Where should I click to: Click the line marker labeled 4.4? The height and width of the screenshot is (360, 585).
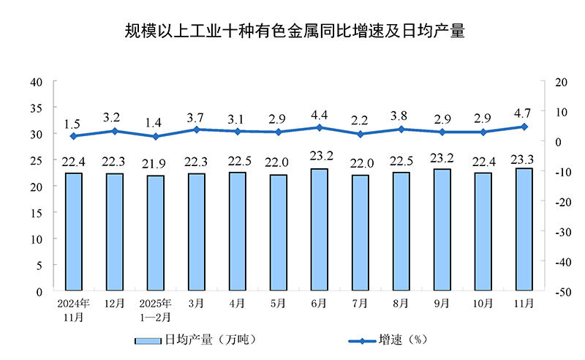(319, 127)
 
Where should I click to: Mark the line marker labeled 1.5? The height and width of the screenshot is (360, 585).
(73, 136)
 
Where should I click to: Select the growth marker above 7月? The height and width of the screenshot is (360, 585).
(360, 134)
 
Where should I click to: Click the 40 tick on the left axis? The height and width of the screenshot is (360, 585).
(37, 81)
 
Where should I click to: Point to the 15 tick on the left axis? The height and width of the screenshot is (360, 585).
(37, 212)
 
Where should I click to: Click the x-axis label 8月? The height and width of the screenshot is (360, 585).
(401, 302)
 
